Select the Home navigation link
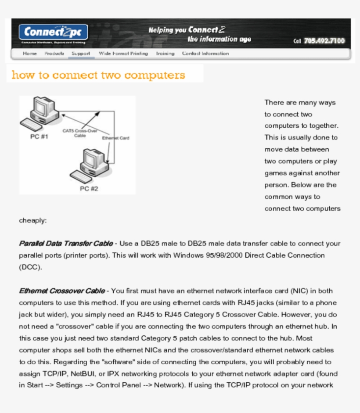coord(30,54)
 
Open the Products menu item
coord(54,54)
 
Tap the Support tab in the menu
coord(81,54)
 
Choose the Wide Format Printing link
coord(123,54)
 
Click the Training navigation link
coord(165,54)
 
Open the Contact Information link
coord(205,54)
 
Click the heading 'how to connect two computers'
coord(98,75)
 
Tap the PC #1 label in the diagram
coord(39,136)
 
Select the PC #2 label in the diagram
coord(89,189)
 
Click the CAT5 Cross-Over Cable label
coord(79,133)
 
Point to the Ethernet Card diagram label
coord(115,138)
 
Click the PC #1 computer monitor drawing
coord(46,108)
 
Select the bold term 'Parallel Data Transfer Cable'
coord(65,244)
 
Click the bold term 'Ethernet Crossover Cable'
coord(61,291)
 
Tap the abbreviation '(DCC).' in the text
coord(30,267)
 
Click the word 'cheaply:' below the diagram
coord(32,220)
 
